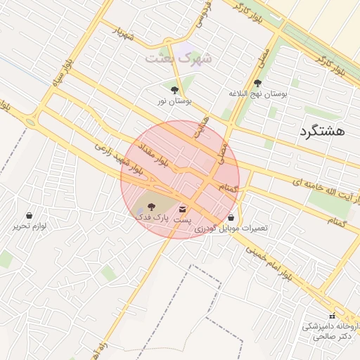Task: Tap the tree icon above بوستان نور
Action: [x=174, y=89]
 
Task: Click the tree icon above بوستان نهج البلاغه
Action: [x=257, y=83]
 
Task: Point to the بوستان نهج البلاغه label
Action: [x=258, y=94]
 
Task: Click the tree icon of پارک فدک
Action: [x=151, y=206]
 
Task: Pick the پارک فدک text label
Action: [x=152, y=218]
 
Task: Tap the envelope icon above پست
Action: [x=183, y=210]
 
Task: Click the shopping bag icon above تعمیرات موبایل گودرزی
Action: [x=231, y=217]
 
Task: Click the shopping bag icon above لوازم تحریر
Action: [x=29, y=215]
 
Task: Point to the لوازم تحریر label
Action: [x=29, y=226]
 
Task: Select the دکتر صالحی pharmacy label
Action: [x=330, y=337]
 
